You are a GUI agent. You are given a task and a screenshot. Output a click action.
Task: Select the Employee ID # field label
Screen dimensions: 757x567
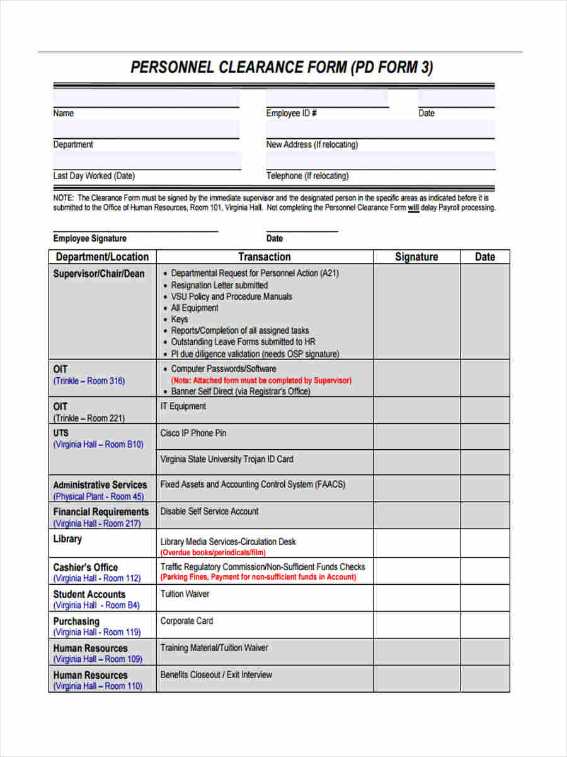click(291, 114)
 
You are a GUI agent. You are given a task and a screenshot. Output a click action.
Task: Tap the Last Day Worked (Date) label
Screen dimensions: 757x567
click(94, 176)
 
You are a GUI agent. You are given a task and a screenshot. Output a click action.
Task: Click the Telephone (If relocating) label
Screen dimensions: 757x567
click(307, 176)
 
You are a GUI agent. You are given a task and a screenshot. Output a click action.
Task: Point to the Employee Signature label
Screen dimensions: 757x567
click(89, 238)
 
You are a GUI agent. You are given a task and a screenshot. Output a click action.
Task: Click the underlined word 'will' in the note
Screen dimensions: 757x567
click(413, 208)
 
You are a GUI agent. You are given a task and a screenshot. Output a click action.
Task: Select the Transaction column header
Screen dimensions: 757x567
click(265, 257)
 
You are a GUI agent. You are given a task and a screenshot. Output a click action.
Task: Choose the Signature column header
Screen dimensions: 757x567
click(416, 257)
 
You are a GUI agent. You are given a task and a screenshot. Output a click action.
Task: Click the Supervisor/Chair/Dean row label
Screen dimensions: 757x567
click(99, 274)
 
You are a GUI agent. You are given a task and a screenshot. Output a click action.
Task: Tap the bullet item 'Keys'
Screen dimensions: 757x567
click(180, 319)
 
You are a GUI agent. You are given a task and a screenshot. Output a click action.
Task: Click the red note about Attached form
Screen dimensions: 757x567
click(261, 380)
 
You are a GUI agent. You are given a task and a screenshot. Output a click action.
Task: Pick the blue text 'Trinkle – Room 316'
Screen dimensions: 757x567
click(89, 381)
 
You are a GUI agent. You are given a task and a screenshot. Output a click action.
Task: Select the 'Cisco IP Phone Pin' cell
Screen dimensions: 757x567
click(193, 433)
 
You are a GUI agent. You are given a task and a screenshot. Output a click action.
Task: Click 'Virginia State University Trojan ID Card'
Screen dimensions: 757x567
click(227, 459)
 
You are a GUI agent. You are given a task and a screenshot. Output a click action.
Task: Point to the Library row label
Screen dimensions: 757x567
click(67, 539)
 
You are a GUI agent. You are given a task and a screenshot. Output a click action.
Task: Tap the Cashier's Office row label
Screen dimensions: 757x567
click(86, 567)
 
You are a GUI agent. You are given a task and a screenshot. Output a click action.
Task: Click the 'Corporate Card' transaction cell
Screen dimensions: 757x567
click(186, 621)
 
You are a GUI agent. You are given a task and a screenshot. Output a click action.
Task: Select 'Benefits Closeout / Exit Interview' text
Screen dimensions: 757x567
click(216, 675)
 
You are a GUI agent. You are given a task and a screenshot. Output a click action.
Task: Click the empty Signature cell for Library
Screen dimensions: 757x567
click(416, 543)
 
